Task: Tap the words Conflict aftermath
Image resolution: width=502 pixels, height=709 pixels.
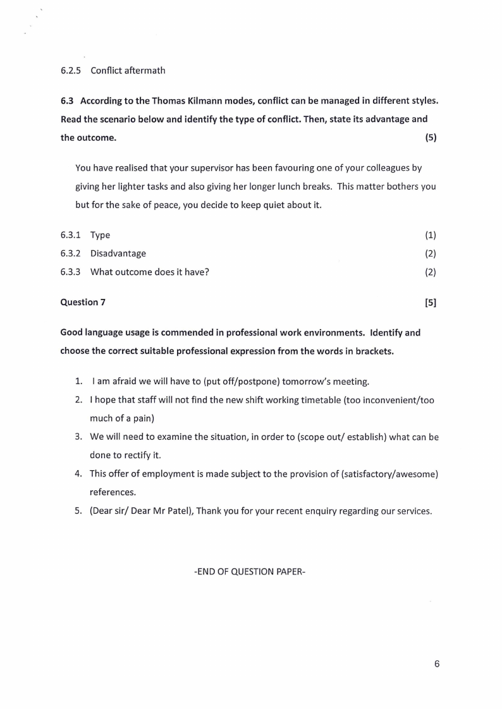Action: click(128, 70)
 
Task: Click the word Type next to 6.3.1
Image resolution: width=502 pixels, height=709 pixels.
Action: click(100, 235)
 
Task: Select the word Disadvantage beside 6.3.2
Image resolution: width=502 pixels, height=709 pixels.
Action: click(118, 253)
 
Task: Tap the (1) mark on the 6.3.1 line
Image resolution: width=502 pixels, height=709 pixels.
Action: click(431, 235)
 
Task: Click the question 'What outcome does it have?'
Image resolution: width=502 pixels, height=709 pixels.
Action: click(150, 272)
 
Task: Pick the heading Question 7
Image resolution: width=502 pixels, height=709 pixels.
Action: click(83, 302)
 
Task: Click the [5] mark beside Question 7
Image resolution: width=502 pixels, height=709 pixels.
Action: click(431, 302)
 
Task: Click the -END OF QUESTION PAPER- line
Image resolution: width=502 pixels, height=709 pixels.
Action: click(250, 571)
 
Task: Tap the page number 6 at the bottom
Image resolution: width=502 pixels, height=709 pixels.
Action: click(436, 664)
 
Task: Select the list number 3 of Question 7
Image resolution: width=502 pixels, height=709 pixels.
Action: click(78, 437)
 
